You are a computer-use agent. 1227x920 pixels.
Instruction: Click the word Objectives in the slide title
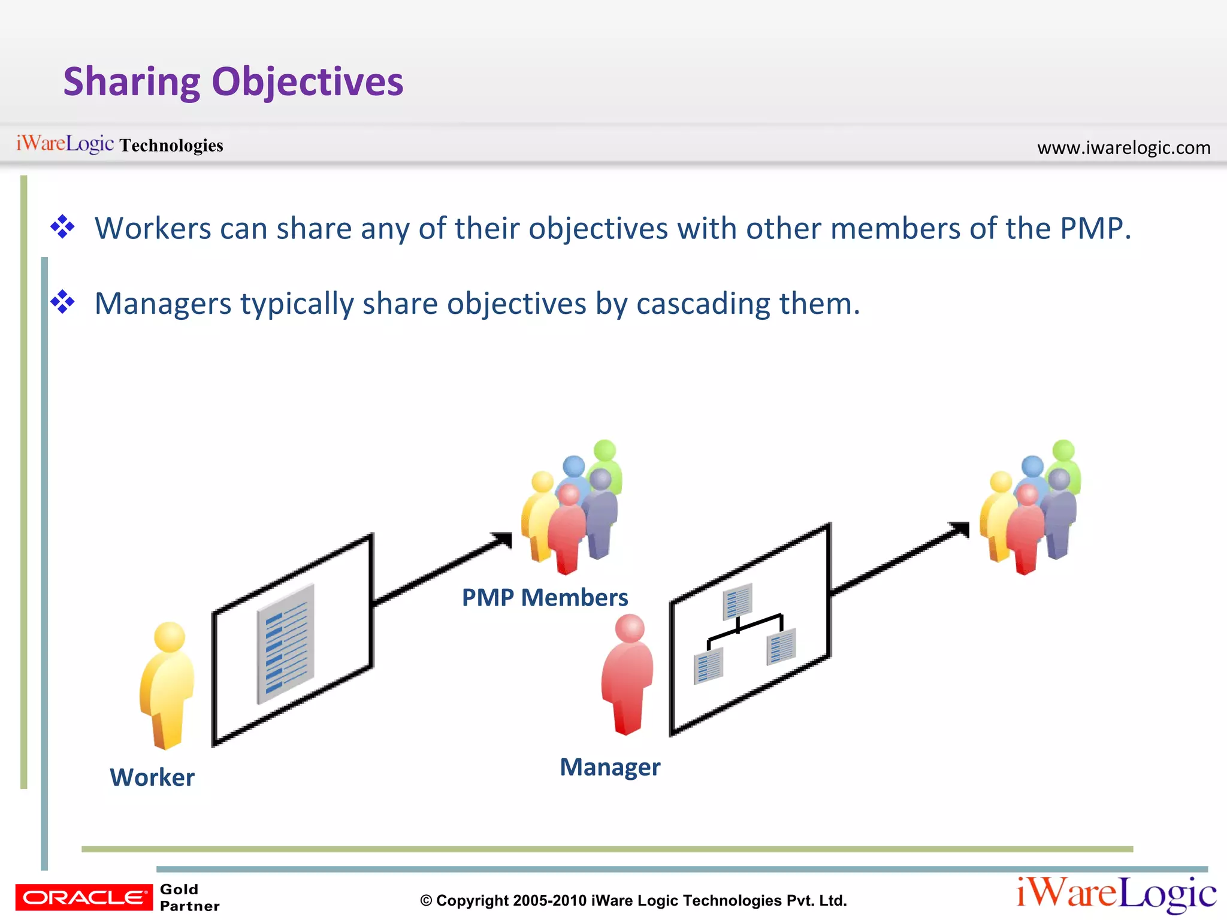coord(307,83)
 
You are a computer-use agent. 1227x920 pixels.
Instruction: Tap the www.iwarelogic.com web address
coord(1123,147)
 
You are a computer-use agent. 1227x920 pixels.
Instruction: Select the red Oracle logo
coord(84,897)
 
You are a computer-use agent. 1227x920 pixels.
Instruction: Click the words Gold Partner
coord(189,897)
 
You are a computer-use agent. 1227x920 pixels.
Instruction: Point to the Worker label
coord(152,777)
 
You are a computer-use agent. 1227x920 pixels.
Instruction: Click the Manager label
coord(610,767)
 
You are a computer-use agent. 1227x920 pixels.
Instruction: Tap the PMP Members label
coord(545,598)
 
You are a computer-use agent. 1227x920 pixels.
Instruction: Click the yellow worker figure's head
coord(170,637)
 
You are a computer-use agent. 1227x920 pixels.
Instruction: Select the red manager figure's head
coord(630,628)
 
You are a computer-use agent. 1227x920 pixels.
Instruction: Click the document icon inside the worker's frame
coord(286,644)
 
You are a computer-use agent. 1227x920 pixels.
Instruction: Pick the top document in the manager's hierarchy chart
coord(738,601)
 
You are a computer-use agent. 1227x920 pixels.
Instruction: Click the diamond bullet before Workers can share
coord(63,228)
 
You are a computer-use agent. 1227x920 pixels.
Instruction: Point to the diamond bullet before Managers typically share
coord(63,302)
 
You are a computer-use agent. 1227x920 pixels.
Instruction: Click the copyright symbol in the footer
coord(426,901)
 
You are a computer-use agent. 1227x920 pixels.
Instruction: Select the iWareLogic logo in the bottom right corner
coord(1116,894)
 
